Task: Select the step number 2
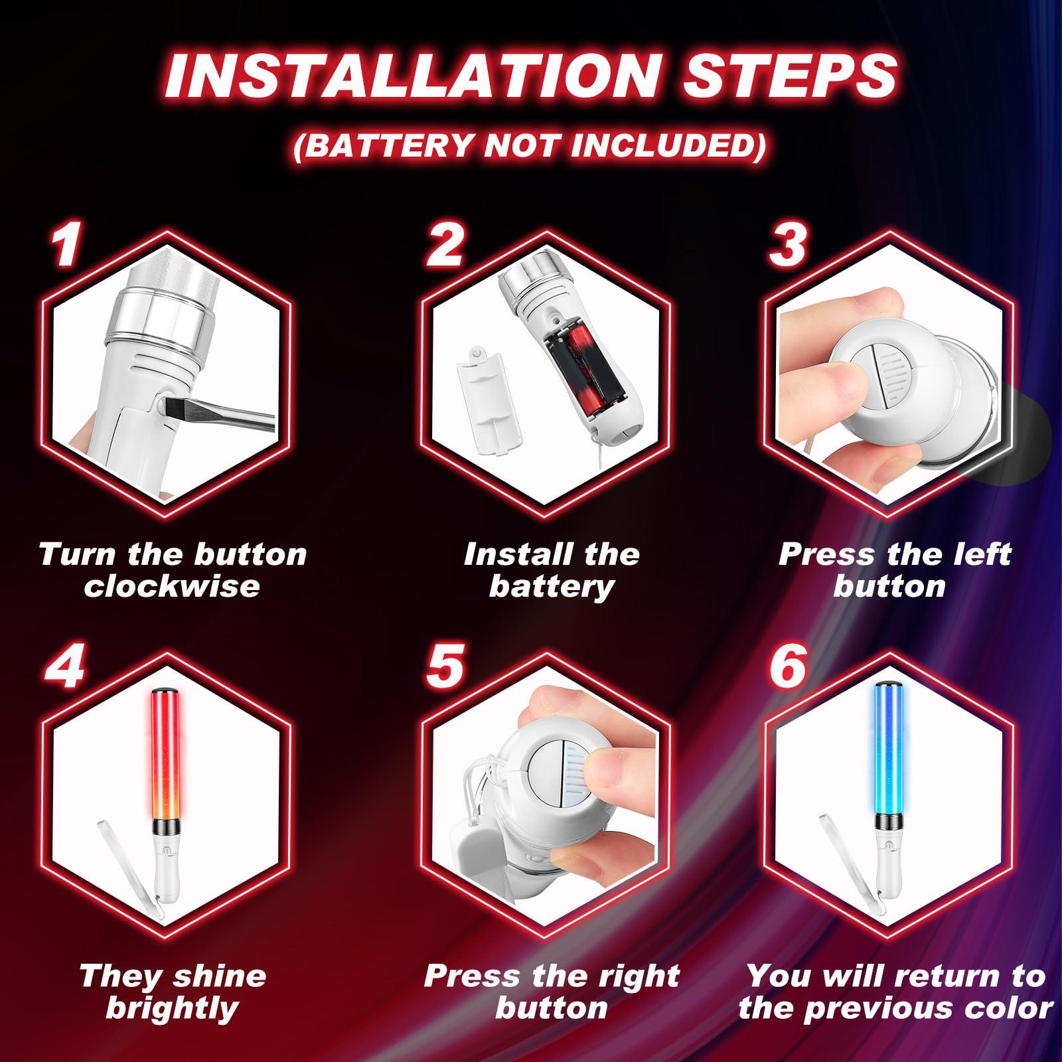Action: [x=443, y=244]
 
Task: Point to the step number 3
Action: [x=788, y=244]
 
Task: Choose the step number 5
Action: [x=443, y=666]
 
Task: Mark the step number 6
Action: [x=788, y=666]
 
